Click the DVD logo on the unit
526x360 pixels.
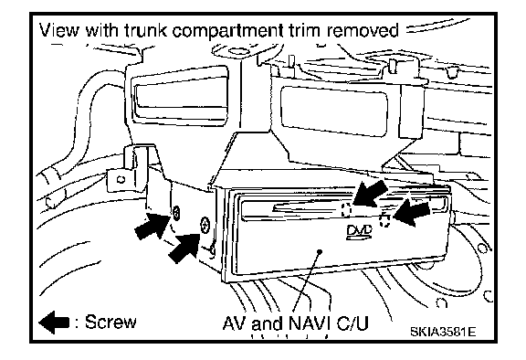359,232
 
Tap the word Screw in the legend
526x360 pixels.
110,322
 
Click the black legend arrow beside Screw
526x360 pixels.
55,323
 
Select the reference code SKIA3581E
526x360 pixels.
443,332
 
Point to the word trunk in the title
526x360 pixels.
145,30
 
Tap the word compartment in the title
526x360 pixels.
227,31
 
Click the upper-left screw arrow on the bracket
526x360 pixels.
152,228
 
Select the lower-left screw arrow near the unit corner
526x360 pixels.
184,249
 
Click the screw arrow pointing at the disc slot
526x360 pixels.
371,193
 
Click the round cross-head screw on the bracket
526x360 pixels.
205,225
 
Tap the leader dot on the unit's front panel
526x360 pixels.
320,251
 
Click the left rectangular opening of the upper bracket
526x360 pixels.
181,96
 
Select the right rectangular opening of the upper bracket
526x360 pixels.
334,111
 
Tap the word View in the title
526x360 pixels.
59,30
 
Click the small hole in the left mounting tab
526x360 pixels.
121,179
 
